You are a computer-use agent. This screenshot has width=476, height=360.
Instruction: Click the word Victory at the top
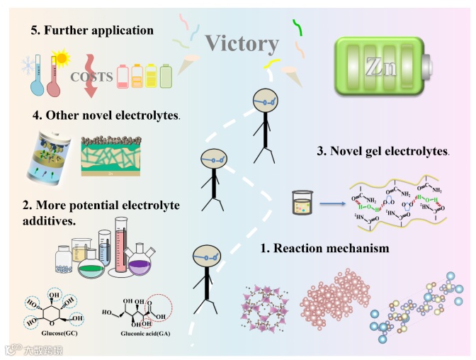pyautogui.click(x=242, y=44)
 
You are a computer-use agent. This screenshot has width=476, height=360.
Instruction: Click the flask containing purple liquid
pyautogui.click(x=139, y=264)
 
